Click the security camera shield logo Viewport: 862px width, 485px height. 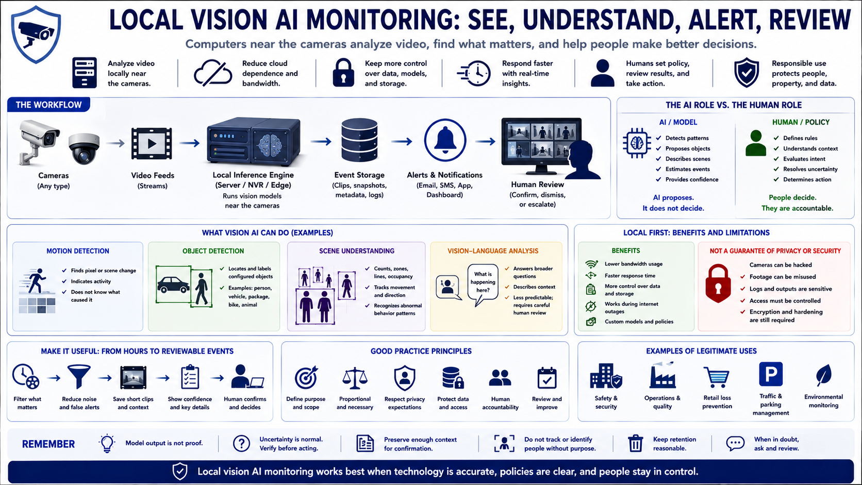point(36,34)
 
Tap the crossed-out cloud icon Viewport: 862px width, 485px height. point(213,73)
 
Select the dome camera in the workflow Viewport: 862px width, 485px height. point(84,148)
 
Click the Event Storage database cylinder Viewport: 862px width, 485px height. point(359,140)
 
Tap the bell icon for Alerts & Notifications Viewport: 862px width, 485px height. point(445,140)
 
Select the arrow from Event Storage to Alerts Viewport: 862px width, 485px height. point(402,142)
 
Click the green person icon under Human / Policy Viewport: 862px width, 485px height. point(756,143)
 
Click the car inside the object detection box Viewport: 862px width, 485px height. point(173,285)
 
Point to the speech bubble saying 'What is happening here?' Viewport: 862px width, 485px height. point(483,285)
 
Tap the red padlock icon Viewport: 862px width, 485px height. point(718,283)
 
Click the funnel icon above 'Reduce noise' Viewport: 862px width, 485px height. point(79,377)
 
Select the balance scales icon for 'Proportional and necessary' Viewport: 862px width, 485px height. point(355,378)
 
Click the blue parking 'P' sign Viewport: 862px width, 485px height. point(770,374)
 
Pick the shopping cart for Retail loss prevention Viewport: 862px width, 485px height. point(717,377)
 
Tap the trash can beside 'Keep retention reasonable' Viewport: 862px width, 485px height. point(635,443)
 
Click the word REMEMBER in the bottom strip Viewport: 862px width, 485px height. point(48,444)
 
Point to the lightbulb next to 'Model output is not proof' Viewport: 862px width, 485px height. point(107,443)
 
